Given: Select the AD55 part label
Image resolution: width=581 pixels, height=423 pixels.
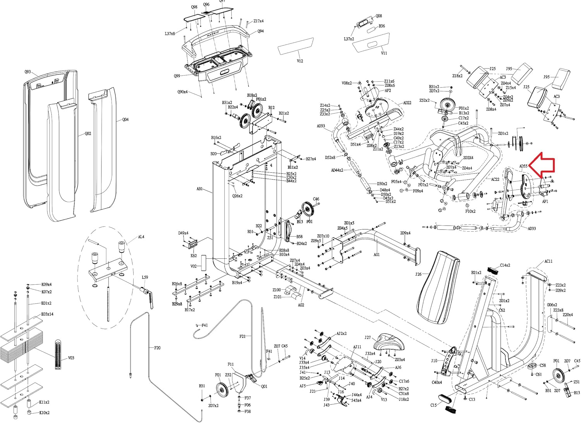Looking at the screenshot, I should (523, 166).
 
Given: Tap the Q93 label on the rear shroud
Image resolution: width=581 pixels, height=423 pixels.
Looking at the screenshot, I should (28, 72).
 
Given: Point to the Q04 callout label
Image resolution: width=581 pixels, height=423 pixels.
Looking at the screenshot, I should (125, 120).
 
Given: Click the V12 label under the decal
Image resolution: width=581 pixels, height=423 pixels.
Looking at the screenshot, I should (300, 61).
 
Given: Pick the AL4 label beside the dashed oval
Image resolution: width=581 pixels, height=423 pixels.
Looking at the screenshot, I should (141, 237).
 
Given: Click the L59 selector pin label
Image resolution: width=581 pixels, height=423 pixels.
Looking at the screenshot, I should (144, 277).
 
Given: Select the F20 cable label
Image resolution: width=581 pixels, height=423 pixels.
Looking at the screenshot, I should (157, 348).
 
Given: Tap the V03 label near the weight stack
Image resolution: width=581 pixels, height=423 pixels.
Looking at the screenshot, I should (71, 358).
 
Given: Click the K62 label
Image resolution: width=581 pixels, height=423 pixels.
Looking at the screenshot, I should (193, 256).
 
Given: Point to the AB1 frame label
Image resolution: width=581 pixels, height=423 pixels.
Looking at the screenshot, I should (199, 189).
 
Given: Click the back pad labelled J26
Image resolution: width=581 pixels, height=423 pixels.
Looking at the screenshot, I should (438, 287).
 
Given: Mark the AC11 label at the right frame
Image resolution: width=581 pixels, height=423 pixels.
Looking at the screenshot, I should (548, 261).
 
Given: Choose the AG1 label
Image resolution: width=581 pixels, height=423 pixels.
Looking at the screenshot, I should (376, 254).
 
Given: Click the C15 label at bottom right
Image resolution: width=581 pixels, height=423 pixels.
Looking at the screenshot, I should (433, 405).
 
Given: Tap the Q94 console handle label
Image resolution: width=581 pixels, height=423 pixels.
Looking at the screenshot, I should (261, 31).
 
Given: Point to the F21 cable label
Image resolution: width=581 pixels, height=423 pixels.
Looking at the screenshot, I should (242, 336).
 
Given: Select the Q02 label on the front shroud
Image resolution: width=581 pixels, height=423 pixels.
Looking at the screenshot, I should (88, 134).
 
